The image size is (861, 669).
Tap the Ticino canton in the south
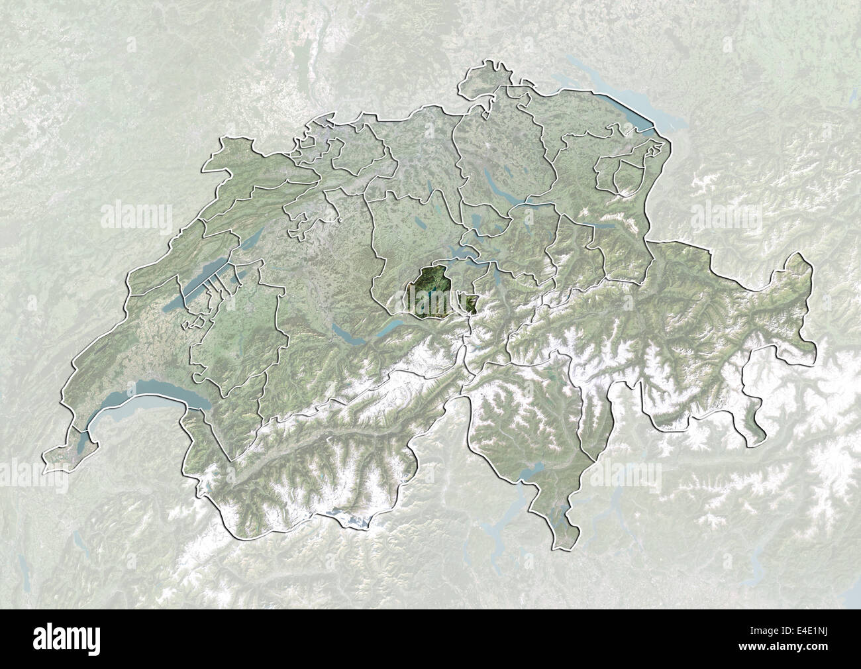tap(530, 424)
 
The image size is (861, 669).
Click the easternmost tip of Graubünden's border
tap(811, 268)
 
